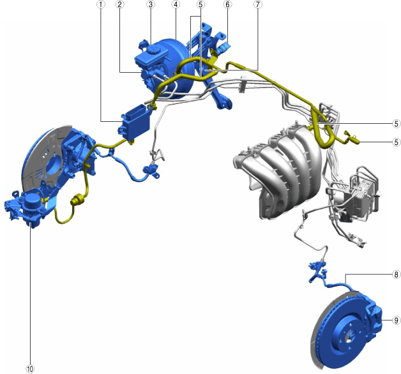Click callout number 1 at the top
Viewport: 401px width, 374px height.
click(x=101, y=4)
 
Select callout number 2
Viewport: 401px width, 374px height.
click(x=119, y=4)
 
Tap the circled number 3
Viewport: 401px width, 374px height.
click(x=151, y=4)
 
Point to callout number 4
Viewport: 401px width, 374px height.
click(x=176, y=4)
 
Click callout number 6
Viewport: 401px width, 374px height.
click(x=227, y=4)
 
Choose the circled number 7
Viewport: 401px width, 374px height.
click(x=258, y=4)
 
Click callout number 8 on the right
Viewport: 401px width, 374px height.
click(x=396, y=274)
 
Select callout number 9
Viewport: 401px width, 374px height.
click(x=396, y=320)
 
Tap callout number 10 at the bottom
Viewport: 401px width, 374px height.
click(x=30, y=369)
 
